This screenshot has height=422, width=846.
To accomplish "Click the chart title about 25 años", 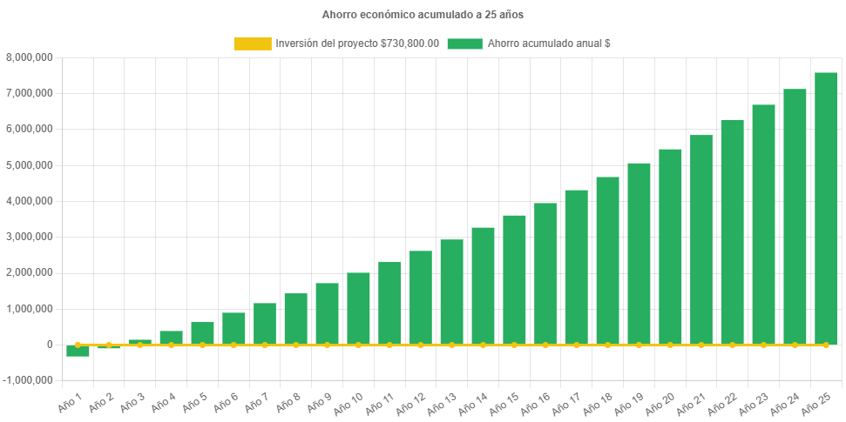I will [x=423, y=15].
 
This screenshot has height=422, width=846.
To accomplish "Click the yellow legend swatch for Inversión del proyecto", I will [x=252, y=44].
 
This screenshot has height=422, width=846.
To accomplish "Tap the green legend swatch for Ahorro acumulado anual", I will [x=464, y=44].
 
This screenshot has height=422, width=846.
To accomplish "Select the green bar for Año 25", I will [x=826, y=209].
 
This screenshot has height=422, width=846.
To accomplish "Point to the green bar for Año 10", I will [x=358, y=309].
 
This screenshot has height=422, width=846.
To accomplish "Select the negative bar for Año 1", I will [x=78, y=352].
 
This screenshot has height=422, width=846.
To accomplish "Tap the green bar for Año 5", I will [x=202, y=333].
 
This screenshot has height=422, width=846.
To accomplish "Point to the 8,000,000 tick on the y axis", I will [x=30, y=57].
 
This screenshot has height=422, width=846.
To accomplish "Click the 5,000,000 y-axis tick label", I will [x=30, y=165].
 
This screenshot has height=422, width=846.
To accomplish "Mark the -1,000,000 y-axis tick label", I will [x=28, y=380].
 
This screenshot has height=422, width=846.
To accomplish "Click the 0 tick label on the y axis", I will [x=50, y=345].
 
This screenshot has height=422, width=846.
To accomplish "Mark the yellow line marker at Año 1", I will [x=78, y=345].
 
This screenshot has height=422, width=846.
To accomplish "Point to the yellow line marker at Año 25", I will [x=826, y=345].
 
